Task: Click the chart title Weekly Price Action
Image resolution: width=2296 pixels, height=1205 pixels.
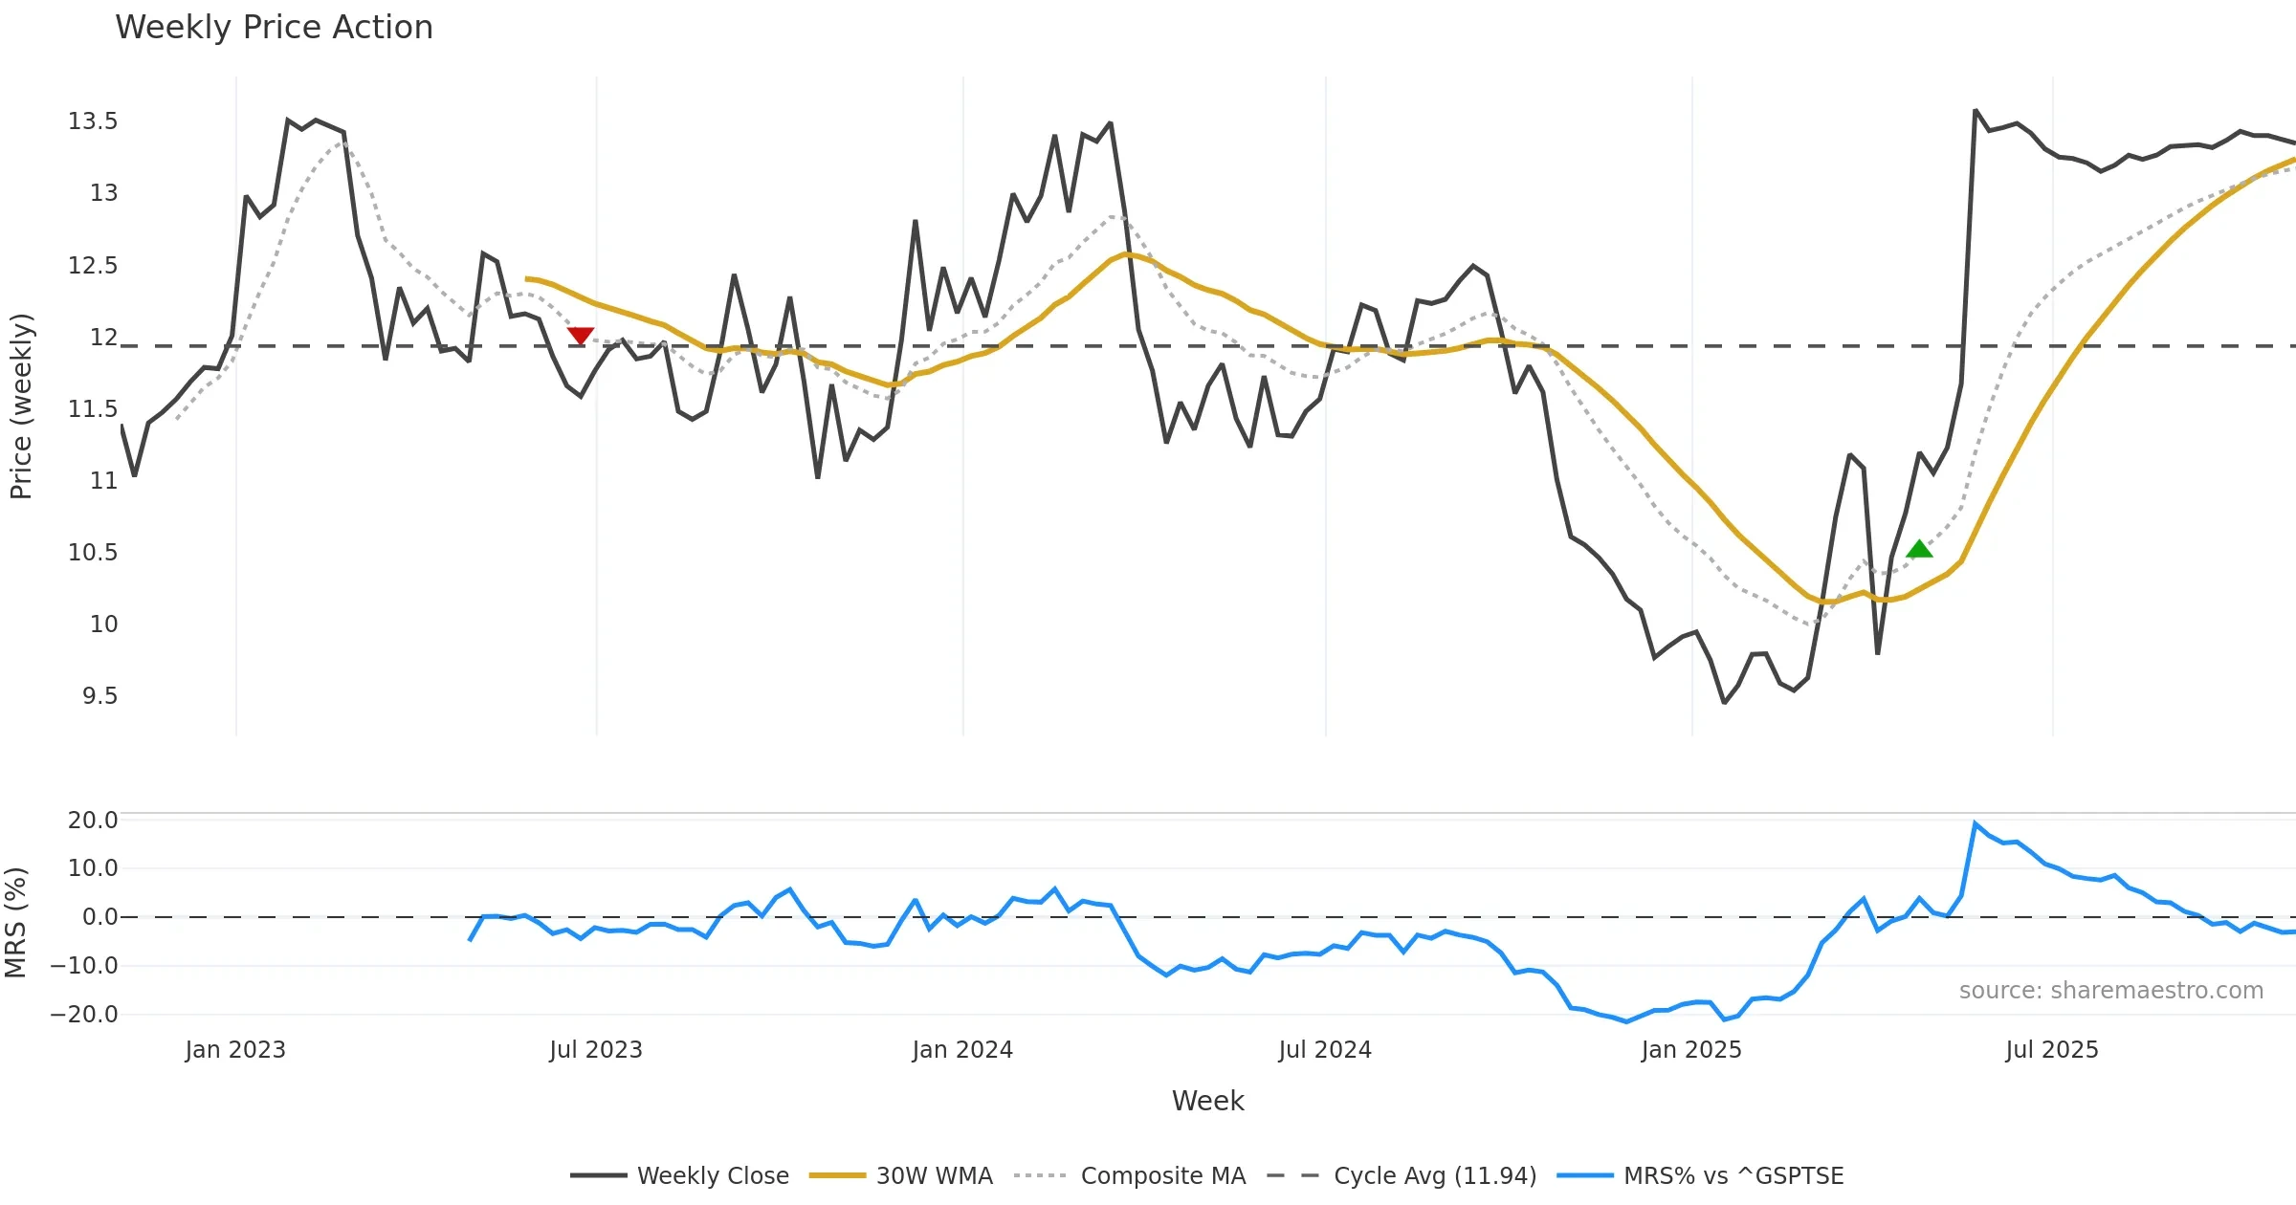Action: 274,28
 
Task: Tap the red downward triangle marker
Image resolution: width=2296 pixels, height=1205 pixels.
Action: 581,336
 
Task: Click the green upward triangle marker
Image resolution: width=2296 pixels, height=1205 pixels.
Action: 1919,549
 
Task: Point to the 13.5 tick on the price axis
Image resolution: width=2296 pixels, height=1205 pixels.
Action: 93,121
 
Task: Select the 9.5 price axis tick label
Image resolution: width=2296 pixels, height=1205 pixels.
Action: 99,696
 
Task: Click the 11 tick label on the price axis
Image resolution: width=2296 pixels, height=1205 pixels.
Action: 103,481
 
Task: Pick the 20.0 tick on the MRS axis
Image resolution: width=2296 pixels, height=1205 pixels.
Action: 93,821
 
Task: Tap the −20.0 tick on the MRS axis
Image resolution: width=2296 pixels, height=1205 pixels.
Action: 84,1015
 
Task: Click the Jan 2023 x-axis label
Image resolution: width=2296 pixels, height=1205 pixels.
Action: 235,1050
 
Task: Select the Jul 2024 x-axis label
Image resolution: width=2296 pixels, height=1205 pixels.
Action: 1325,1050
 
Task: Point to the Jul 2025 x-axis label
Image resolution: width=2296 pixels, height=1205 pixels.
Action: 2052,1050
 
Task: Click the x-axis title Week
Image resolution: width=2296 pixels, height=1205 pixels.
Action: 1207,1102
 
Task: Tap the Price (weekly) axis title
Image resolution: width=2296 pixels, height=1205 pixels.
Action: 21,406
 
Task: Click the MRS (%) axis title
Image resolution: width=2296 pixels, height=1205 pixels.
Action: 15,923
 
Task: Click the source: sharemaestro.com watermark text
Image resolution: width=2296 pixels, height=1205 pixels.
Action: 2110,991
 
